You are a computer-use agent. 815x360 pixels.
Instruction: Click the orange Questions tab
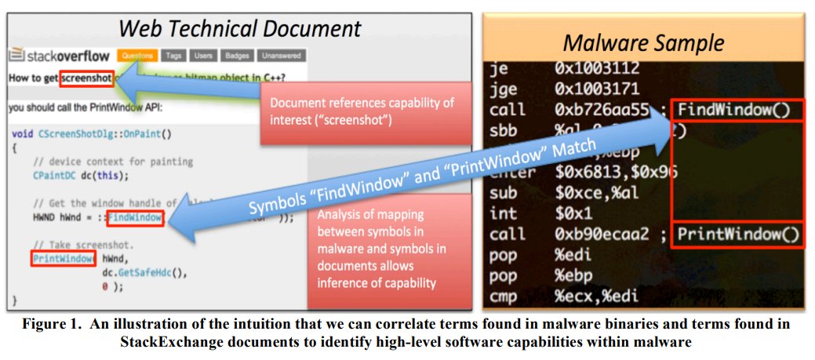point(137,56)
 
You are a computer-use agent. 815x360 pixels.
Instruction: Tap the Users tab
point(202,56)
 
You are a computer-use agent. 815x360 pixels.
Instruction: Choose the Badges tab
point(236,56)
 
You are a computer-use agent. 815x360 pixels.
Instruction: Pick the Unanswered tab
point(280,56)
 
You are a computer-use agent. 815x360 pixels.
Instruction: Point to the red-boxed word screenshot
point(88,78)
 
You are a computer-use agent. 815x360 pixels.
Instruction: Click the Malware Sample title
point(643,43)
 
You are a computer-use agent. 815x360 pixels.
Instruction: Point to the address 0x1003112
point(597,68)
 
